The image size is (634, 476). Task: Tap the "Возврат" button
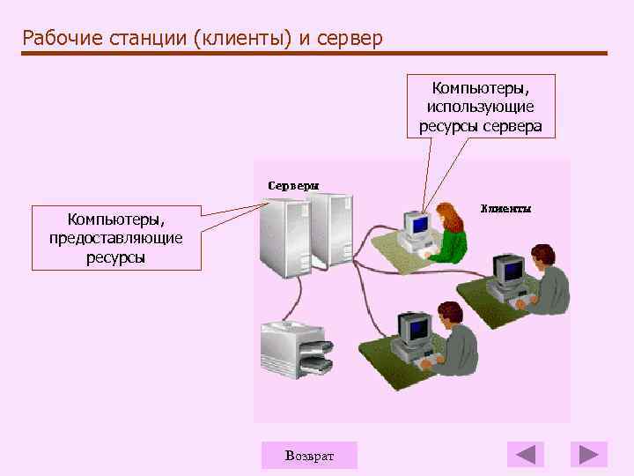coord(309,455)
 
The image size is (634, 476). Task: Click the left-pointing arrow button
coord(526,455)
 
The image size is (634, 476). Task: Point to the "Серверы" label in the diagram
coord(293,186)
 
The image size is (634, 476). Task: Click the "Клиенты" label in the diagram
coord(505,209)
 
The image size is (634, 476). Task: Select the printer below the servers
coord(297,351)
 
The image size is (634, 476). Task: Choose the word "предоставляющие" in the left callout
coord(116,237)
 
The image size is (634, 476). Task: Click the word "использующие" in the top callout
coord(480,107)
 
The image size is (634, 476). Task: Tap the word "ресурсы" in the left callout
coord(116,257)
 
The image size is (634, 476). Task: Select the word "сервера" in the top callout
coord(514,126)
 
